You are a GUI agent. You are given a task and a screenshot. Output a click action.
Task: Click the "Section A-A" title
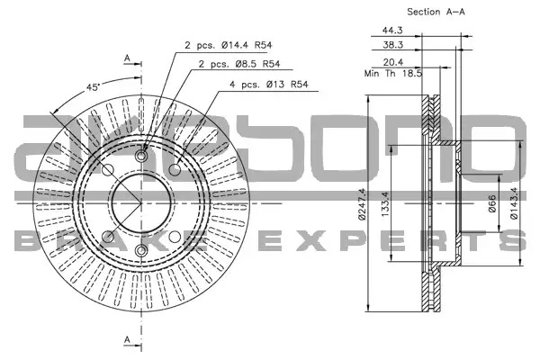pos(436,12)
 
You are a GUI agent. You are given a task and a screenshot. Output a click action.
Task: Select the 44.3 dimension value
pos(392,31)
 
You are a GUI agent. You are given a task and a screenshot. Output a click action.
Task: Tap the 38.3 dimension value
pos(392,45)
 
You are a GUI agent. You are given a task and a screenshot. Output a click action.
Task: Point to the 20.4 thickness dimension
pos(393,62)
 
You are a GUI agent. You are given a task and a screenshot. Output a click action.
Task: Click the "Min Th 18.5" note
pos(393,74)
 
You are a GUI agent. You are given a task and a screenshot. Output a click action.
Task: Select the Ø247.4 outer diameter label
pos(362,203)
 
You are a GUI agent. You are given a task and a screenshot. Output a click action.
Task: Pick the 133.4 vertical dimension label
pos(385,204)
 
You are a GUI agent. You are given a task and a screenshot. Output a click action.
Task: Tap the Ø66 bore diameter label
pos(493,203)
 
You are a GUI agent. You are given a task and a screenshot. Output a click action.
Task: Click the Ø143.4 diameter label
pos(514,203)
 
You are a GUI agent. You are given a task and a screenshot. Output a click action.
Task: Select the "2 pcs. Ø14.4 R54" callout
pos(229,45)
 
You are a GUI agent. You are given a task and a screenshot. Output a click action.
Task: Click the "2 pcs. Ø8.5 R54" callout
pos(239,64)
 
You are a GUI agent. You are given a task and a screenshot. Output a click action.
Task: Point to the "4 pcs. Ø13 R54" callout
pos(268,85)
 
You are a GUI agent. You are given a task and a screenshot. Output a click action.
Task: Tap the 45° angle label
pos(93,87)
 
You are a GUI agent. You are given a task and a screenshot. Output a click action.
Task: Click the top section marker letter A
pos(128,58)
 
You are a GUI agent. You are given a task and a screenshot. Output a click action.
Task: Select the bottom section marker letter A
pos(128,339)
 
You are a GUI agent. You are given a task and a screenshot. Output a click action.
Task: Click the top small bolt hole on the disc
pos(141,156)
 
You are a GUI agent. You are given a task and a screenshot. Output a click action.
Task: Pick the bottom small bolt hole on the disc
pos(141,250)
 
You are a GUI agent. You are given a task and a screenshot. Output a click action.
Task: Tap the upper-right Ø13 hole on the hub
pos(175,169)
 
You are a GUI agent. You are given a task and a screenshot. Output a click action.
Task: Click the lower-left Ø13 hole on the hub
pos(108,237)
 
